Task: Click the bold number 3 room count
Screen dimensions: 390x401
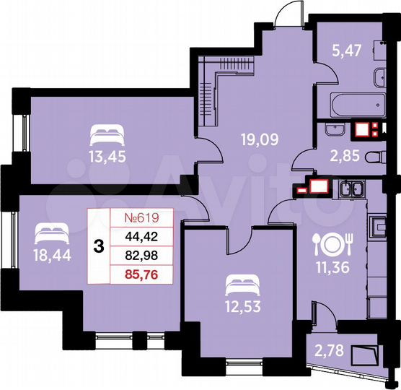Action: (98, 246)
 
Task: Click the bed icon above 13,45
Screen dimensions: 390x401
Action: (106, 132)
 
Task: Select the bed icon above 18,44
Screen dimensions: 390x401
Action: (49, 231)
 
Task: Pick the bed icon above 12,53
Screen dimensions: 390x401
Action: (240, 279)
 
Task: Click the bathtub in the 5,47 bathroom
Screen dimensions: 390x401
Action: (353, 103)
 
